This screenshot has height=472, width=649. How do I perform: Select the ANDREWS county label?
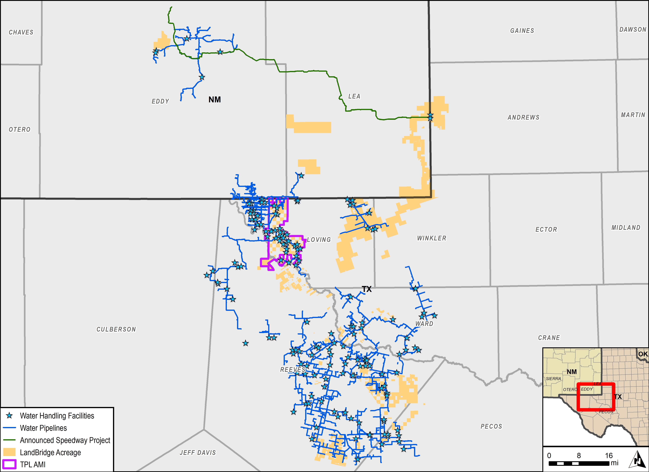pos(523,117)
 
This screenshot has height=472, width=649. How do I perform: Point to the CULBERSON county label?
pos(116,330)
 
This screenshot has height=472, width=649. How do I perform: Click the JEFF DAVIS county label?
pos(198,453)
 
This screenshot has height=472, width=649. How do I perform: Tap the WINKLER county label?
pos(432,238)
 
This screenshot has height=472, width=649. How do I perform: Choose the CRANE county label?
pos(549,338)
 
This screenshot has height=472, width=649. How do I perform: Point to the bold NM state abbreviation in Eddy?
pos(215,100)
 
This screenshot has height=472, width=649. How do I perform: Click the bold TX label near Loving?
pos(367,289)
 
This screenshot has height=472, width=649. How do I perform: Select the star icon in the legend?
pos(9,416)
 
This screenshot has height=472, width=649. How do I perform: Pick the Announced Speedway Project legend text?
pos(65,440)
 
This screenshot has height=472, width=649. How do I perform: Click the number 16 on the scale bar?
pos(609,455)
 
